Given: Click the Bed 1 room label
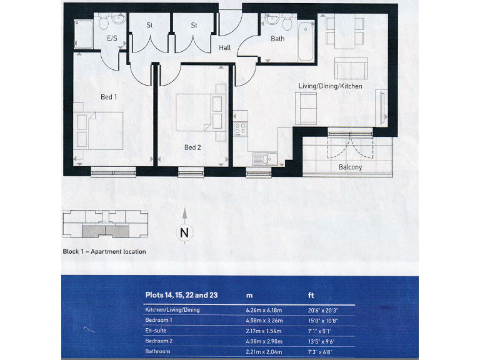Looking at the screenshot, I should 109,97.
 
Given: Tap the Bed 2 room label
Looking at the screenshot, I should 192,148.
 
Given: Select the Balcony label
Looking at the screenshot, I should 350,167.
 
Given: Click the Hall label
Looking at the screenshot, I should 225,48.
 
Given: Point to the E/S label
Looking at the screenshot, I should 112,39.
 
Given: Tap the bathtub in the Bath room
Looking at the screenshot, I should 306,41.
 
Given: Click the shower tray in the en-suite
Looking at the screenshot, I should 83,32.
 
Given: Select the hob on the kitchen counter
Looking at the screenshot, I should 240,129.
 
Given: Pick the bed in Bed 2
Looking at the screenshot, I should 195,111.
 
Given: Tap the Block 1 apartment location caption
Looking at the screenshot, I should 104,251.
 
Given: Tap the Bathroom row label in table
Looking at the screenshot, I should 157,352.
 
